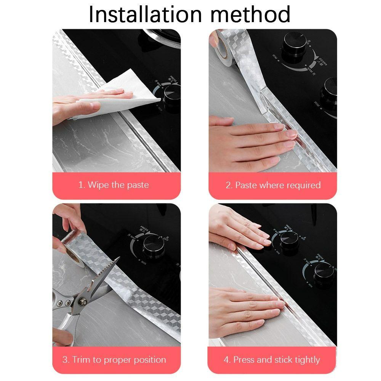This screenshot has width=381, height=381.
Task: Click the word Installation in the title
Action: coord(145,14)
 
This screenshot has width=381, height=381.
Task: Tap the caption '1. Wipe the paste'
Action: coord(114,185)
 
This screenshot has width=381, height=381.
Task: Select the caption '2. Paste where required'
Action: coord(273,185)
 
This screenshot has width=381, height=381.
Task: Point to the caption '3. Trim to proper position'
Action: coord(114,359)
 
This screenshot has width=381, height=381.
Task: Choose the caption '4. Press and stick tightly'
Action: coord(272,359)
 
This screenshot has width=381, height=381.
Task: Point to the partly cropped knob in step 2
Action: coord(330,93)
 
